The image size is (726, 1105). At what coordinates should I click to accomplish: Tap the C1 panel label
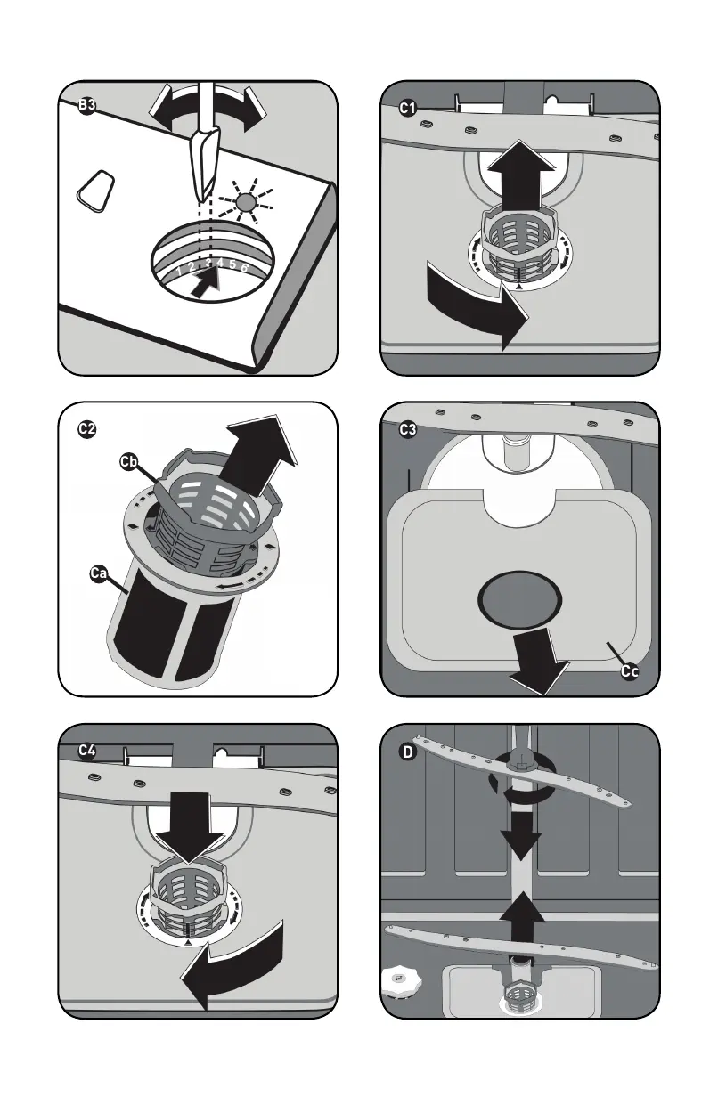(x=408, y=108)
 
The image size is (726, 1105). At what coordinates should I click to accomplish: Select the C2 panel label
(x=87, y=428)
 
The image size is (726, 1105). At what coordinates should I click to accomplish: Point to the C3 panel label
(x=408, y=430)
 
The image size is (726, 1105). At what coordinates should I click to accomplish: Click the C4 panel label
(x=87, y=751)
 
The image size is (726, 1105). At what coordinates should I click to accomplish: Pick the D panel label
(x=408, y=752)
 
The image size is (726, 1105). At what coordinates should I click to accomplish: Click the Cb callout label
(x=128, y=462)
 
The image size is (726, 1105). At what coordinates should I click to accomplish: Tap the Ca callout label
(x=98, y=573)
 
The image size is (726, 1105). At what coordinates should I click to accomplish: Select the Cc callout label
(x=629, y=671)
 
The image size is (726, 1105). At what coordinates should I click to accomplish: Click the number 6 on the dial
(x=244, y=268)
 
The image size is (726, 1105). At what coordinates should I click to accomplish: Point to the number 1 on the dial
(x=179, y=271)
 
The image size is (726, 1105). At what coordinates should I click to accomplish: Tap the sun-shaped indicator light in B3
(x=245, y=202)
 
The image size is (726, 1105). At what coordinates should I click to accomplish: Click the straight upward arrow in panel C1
(x=521, y=175)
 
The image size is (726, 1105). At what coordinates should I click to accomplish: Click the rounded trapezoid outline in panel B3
(x=95, y=191)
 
